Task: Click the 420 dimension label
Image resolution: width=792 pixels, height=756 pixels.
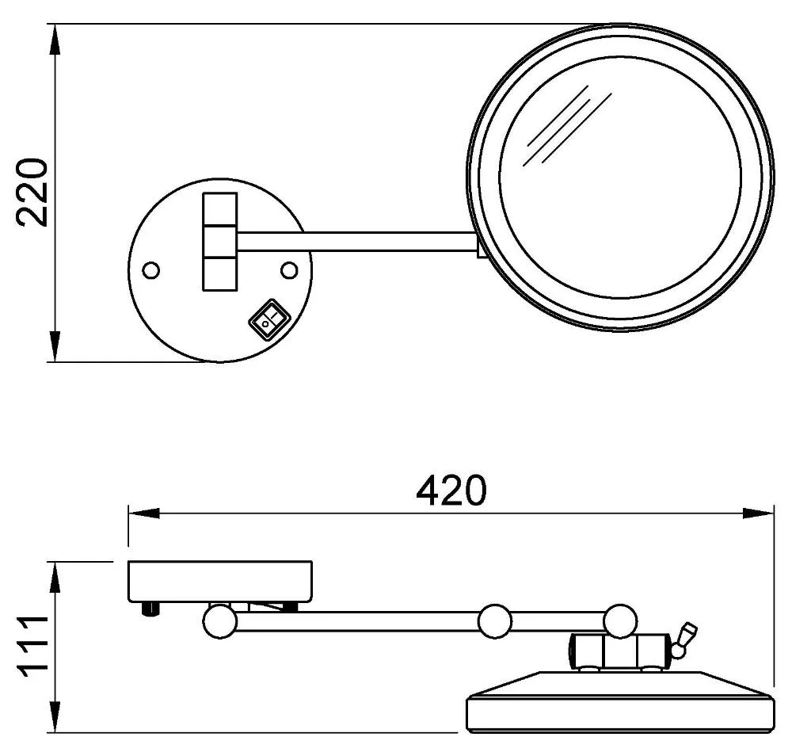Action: tap(451, 491)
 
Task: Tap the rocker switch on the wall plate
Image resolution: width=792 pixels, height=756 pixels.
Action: tap(268, 319)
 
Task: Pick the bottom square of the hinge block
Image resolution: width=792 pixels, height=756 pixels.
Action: tap(219, 272)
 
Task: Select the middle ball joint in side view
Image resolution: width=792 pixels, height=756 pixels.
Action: tap(495, 620)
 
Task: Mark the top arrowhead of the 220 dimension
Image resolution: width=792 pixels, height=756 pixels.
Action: tap(55, 36)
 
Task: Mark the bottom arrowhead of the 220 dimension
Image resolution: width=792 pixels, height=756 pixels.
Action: tap(55, 350)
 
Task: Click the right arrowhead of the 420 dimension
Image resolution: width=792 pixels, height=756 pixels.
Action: tap(761, 514)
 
